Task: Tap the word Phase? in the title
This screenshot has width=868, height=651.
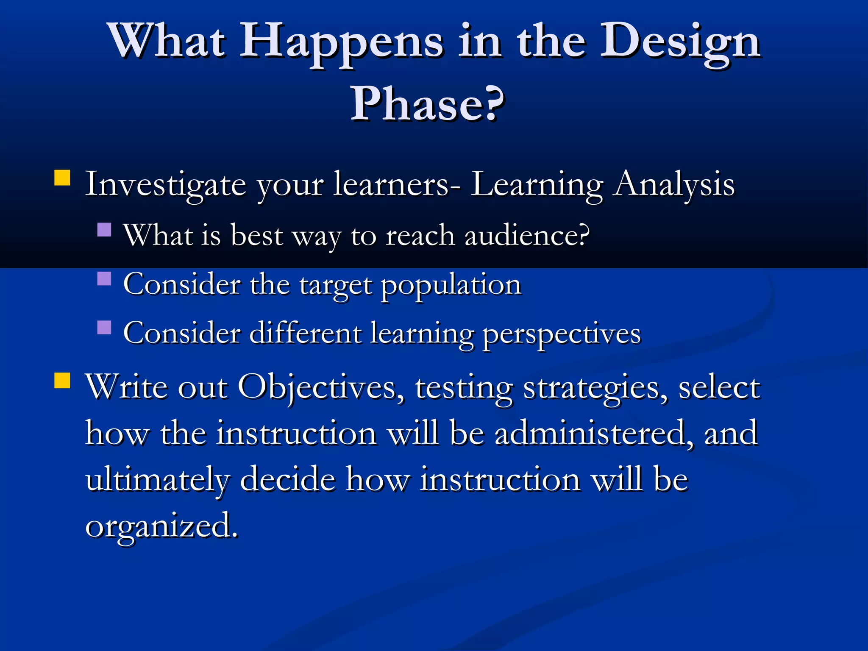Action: click(427, 103)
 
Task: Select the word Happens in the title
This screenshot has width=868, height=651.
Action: click(342, 42)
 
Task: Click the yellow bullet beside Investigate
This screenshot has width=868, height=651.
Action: click(62, 178)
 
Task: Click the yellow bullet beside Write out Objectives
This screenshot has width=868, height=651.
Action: click(62, 380)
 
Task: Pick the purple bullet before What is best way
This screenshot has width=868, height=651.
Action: click(104, 230)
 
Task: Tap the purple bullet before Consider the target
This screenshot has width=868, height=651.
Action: click(104, 279)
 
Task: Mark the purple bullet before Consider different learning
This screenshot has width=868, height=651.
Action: click(104, 328)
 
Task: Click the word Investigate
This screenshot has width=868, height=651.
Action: click(165, 185)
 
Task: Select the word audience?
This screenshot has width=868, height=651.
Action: click(527, 236)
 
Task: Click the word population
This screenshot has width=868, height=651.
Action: click(451, 285)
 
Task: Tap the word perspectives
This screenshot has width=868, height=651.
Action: click(562, 334)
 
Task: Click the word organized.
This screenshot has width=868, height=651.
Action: click(161, 526)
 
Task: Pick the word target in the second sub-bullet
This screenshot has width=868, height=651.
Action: click(335, 285)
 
